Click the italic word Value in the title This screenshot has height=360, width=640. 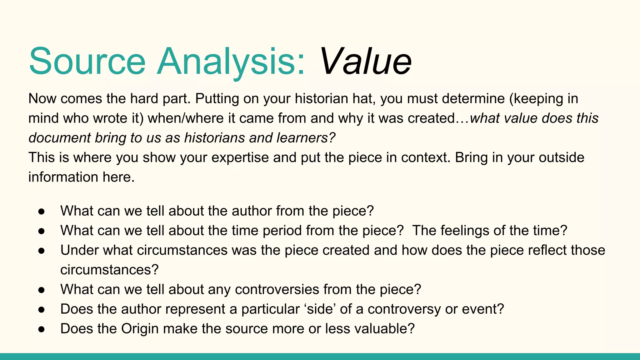365,61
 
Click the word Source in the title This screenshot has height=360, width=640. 87,61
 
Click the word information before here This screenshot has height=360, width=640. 63,177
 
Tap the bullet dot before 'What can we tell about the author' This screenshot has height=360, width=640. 42,211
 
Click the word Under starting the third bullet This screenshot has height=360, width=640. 79,250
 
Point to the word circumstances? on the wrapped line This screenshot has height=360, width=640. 109,270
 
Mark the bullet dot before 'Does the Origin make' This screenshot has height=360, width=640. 42,329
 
